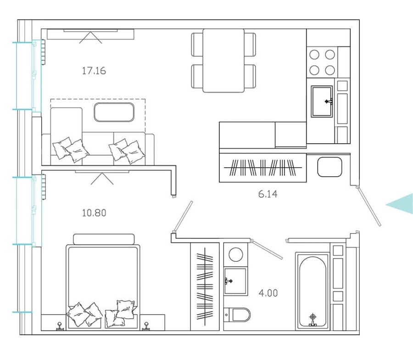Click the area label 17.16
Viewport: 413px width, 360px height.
[x=94, y=71]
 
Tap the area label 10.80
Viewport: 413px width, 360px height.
[x=94, y=213]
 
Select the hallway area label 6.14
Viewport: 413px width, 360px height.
[x=268, y=194]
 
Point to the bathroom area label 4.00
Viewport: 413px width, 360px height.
[x=268, y=292]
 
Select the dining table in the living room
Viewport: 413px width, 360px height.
[x=223, y=60]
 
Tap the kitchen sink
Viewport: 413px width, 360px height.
[x=322, y=101]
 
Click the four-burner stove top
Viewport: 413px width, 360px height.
[x=322, y=62]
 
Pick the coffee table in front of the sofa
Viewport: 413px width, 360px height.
[x=114, y=112]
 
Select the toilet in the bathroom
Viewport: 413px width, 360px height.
[x=238, y=315]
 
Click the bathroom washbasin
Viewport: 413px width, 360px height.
[x=235, y=281]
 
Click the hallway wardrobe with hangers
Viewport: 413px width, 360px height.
[x=263, y=168]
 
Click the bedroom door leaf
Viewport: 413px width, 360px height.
[x=182, y=217]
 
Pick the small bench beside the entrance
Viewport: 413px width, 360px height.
[x=329, y=167]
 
